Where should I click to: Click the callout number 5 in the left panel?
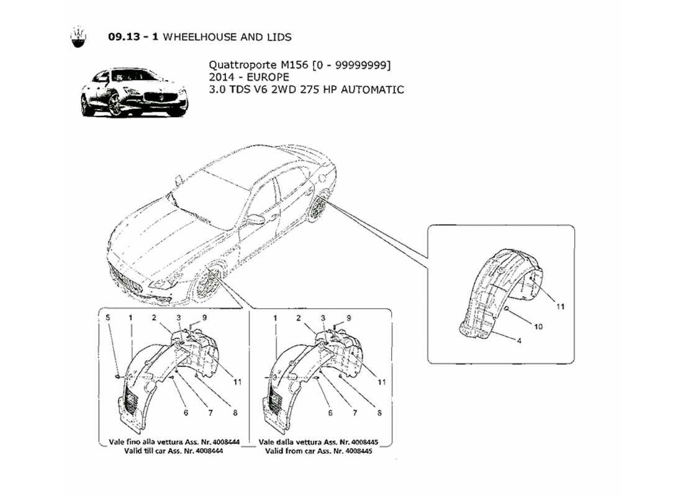(107, 317)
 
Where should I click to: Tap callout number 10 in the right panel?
(538, 327)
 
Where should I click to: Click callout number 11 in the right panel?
(560, 306)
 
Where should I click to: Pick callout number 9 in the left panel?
(203, 317)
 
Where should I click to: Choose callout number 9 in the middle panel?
(349, 317)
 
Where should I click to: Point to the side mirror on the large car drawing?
(254, 219)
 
